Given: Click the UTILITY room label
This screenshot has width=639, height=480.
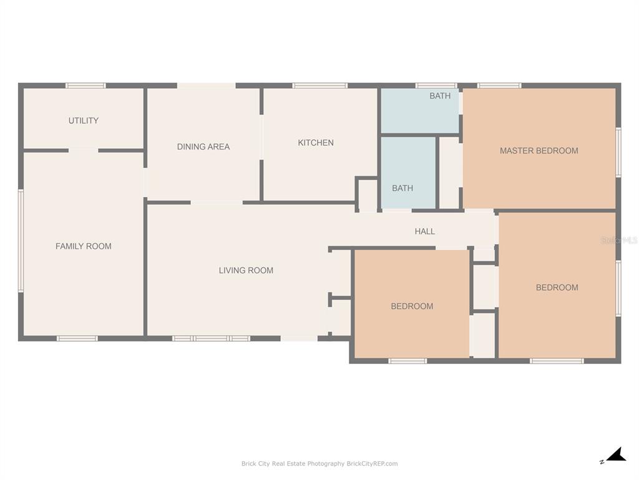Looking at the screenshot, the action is coord(84,121).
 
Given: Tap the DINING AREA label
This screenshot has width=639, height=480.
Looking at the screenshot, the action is coord(203,146).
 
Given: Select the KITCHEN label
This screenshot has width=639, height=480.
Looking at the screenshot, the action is coord(316,142).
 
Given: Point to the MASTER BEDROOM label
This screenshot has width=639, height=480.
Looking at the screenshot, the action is coord(539,151).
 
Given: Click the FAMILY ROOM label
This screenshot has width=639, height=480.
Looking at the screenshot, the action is coord(84,246).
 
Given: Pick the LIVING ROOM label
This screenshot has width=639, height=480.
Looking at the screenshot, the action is coord(246,270).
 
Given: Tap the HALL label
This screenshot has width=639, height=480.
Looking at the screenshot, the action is coord(424,231).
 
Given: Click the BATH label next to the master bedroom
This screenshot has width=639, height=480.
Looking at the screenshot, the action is coord(440,96).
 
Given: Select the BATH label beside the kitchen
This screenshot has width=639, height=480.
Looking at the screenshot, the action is coord(402,188).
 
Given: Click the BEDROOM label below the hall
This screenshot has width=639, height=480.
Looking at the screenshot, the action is coord(412,306).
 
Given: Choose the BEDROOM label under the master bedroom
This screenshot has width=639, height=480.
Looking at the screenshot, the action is coord(557,287).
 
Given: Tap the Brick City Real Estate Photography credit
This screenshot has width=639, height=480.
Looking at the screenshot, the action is coord(319,463).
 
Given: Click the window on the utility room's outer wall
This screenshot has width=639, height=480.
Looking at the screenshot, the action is coord(85,86).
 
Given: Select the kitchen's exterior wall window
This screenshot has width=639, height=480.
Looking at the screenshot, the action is coord(320,86).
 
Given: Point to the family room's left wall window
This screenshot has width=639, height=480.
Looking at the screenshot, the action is coord(21,241).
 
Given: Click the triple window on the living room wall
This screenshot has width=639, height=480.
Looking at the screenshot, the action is coord(211,338).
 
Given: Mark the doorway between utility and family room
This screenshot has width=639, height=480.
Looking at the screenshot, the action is coord(84,151).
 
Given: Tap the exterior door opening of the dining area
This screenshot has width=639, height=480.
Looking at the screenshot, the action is coord(206,86).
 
